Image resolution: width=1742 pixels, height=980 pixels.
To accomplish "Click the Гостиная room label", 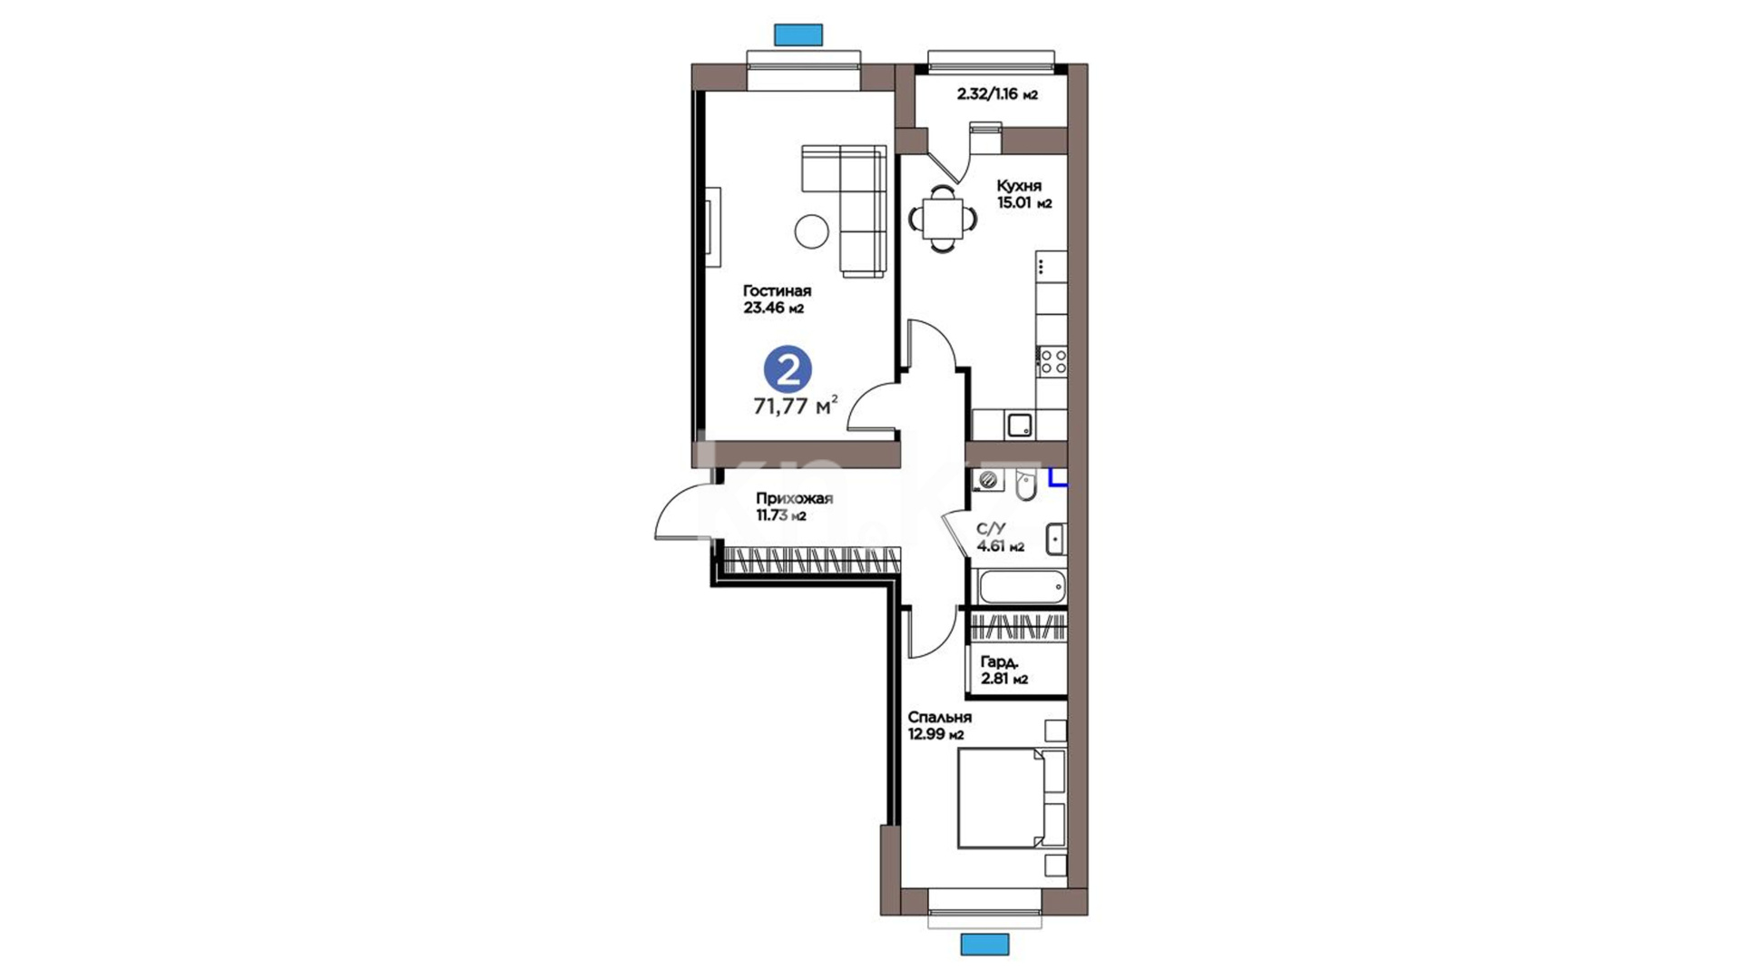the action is [777, 291].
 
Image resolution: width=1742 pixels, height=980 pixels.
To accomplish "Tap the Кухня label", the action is [1019, 186].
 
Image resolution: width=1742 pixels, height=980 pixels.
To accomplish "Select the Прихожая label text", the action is [795, 499].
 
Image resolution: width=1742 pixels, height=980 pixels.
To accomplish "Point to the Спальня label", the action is [940, 718].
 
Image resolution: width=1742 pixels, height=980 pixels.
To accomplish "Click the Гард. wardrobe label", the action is [1000, 662].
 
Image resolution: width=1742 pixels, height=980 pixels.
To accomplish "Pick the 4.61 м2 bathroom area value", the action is [1001, 546].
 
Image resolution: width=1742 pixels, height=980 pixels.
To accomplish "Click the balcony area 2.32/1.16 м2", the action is [997, 94].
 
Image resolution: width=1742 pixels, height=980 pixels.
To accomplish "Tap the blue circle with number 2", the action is [788, 370].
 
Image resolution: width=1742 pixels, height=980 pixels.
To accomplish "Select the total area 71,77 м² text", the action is [796, 406].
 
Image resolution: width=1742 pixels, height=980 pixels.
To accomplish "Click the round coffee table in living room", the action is [812, 231].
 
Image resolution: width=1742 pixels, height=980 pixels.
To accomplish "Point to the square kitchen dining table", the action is [944, 219].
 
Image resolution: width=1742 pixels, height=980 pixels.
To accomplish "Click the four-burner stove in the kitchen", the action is [1052, 361].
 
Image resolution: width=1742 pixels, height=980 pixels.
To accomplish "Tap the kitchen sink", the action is [1019, 425].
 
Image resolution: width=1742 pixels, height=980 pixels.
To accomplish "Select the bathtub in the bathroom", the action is [1021, 586].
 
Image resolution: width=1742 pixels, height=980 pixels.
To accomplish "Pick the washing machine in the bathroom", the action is [989, 480].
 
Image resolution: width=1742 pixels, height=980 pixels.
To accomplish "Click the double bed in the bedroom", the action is [1012, 799].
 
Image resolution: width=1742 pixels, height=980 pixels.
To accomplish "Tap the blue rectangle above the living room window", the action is [798, 35].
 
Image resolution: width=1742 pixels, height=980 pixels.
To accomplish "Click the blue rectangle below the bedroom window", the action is [984, 945].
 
